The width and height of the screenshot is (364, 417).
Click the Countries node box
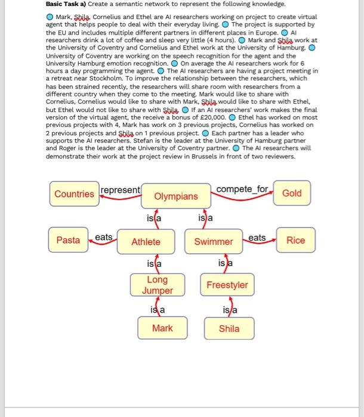[74, 194]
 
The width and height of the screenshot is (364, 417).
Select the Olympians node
[175, 196]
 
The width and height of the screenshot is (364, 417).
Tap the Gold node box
[292, 193]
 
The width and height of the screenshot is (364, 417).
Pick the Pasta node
[68, 240]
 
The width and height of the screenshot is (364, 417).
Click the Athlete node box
[146, 241]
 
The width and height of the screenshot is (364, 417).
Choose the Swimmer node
[214, 241]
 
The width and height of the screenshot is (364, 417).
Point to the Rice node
[296, 240]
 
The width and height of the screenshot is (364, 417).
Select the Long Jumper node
[158, 285]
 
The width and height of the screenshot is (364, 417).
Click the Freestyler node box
[227, 285]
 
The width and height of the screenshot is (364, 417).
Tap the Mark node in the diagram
[162, 328]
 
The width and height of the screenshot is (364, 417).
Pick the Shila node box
[229, 328]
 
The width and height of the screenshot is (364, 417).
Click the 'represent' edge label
[121, 190]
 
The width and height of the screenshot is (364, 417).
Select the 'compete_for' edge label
[242, 189]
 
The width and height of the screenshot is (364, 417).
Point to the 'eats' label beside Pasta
[104, 237]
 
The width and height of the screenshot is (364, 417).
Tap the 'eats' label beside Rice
[257, 237]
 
